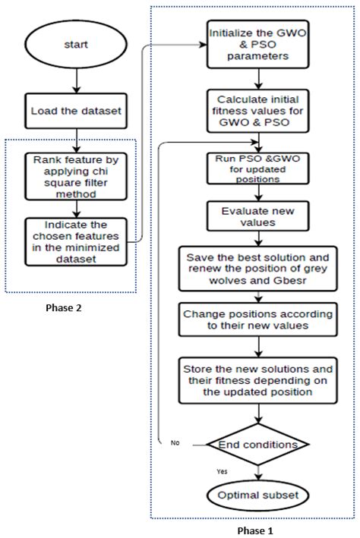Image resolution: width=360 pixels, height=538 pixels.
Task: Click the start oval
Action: coord(76,45)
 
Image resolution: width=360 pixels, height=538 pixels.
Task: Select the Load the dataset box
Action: coord(76,111)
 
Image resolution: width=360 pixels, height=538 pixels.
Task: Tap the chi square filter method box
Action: coord(76,176)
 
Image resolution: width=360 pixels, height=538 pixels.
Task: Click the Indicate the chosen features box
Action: coord(76,241)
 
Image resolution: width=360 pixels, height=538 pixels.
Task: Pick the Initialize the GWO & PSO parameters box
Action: coord(258,44)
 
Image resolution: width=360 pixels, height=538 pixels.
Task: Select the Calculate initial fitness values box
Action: coord(258,111)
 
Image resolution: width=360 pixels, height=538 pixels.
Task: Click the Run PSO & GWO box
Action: coord(258,168)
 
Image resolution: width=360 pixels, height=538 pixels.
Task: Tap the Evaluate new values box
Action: coord(258,216)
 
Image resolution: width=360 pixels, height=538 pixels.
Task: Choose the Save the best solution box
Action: coord(258,269)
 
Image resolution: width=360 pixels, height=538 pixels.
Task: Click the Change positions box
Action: coord(258,319)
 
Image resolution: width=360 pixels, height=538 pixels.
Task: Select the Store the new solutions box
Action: coord(258,380)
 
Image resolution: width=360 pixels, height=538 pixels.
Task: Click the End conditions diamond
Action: coord(258,445)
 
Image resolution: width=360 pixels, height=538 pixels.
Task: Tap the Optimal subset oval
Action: coord(258,495)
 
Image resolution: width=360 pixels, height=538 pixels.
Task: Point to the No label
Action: coord(175,442)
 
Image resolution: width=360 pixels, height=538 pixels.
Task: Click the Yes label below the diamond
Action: coord(222,471)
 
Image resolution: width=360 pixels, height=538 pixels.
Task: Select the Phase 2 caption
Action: coord(64,307)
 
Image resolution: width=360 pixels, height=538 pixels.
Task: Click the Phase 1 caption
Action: coord(255,530)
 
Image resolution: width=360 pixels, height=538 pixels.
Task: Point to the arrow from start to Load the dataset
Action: coord(76,80)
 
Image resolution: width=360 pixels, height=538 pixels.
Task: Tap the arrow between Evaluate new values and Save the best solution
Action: coord(258,238)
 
